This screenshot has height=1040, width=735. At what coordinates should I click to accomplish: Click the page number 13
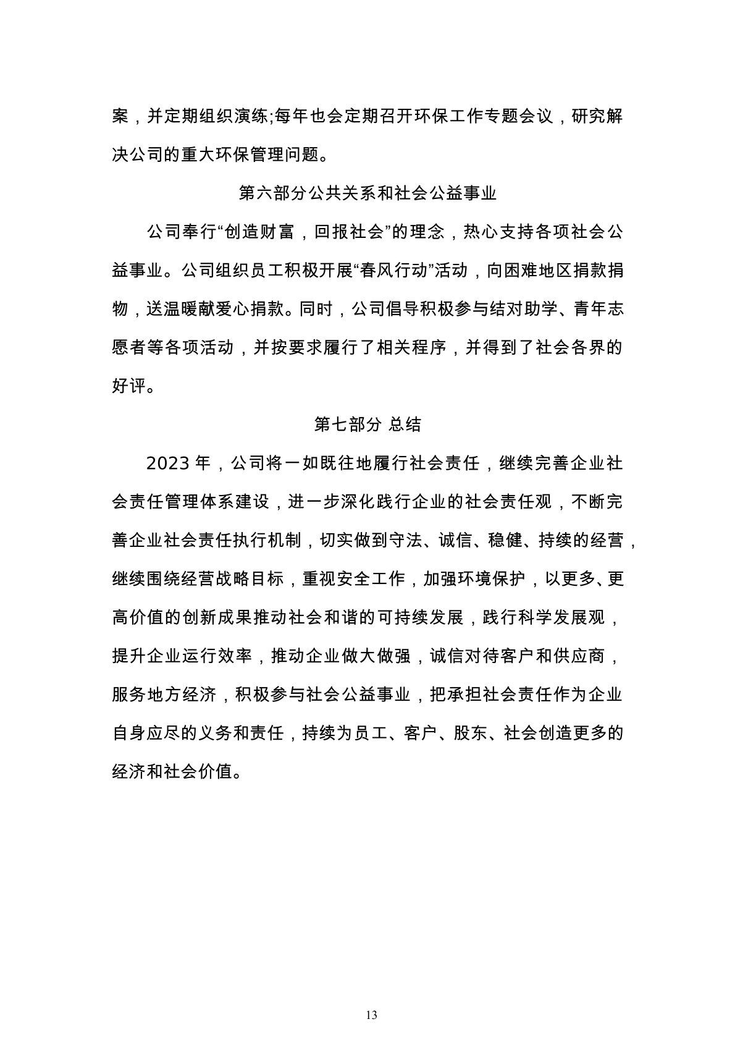(x=371, y=981)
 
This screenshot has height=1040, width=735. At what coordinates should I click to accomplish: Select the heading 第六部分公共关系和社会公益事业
(x=367, y=193)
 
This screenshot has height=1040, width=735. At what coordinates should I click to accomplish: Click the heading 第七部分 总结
(x=367, y=425)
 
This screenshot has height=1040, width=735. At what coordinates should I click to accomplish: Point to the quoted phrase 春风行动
(x=395, y=271)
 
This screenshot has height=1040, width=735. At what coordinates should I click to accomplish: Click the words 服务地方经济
(x=164, y=695)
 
